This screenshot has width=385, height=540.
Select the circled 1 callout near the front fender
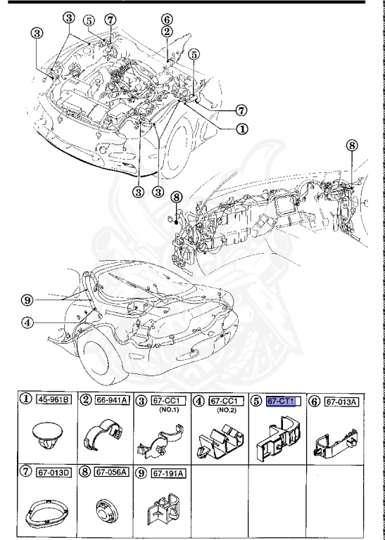point(241,129)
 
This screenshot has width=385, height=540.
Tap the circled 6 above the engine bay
point(166,19)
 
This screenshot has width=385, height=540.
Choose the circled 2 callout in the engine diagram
point(166,32)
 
